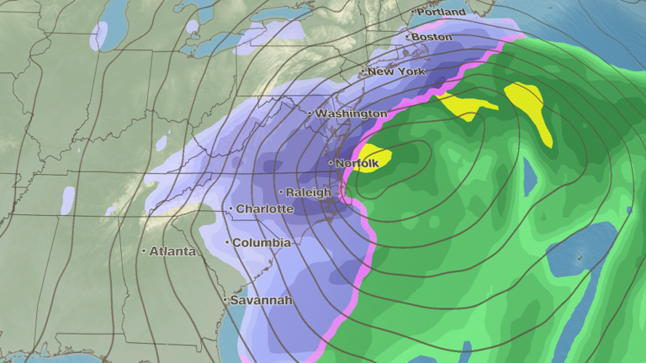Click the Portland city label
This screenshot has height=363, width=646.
[442, 13]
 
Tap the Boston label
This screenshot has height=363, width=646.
[433, 37]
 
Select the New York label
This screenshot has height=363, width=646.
[397, 71]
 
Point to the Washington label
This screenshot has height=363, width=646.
[352, 113]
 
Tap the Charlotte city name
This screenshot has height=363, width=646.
[265, 208]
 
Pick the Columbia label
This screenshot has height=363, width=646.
[262, 242]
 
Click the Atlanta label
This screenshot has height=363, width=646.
[172, 250]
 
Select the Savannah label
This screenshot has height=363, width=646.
[262, 300]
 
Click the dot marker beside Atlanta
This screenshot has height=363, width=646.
[144, 250]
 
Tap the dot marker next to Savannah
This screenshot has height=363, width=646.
[225, 300]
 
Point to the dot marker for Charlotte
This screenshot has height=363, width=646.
[231, 208]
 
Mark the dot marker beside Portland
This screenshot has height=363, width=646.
[414, 13]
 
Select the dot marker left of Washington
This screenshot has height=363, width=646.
[310, 113]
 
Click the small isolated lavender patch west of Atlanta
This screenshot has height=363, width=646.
[67, 198]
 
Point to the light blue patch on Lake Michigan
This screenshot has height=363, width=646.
[100, 35]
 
